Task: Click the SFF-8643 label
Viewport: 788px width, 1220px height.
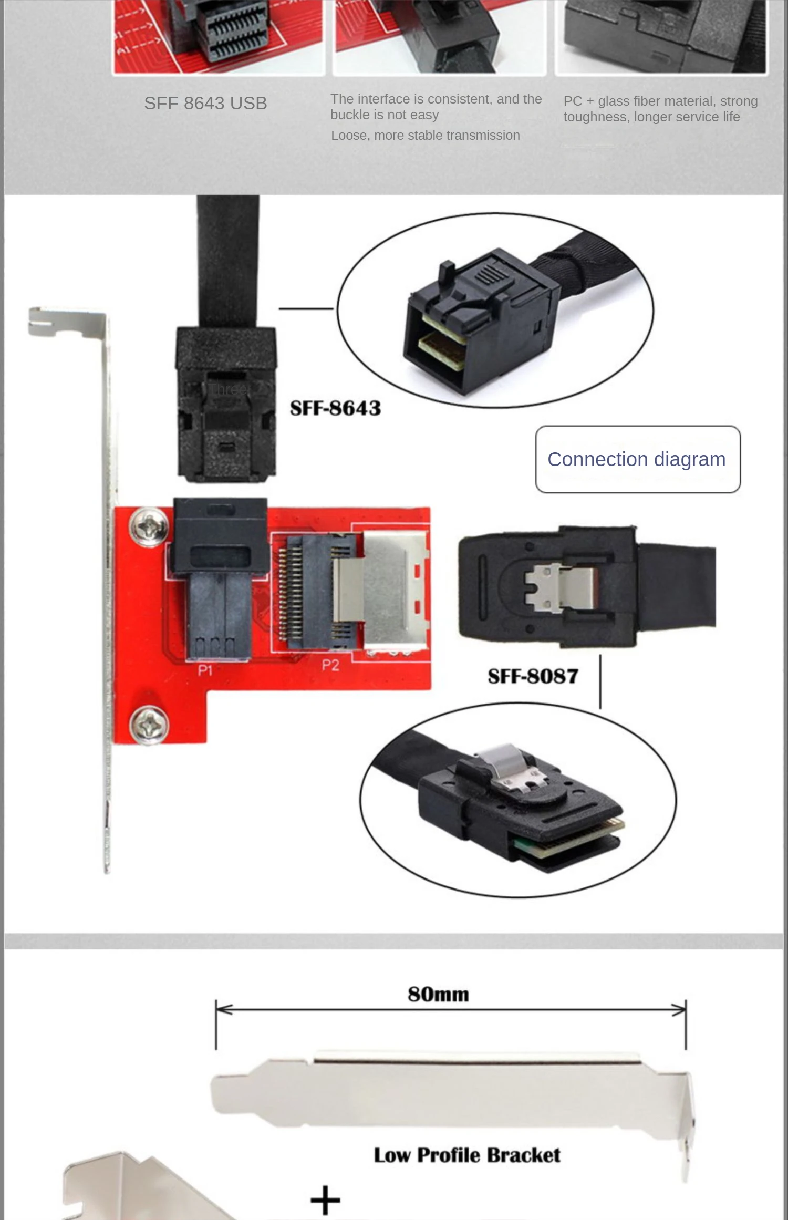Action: [335, 408]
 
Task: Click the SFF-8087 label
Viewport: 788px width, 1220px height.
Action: [533, 676]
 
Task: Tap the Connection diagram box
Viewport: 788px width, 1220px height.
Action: [638, 459]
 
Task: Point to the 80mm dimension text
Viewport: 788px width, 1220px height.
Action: [438, 994]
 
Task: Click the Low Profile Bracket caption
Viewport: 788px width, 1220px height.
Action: [467, 1155]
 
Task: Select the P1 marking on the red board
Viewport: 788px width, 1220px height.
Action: [205, 670]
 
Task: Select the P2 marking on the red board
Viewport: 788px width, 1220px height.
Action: [330, 665]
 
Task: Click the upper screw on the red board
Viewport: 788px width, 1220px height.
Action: [149, 526]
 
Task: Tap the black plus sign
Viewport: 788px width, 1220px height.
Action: [325, 1200]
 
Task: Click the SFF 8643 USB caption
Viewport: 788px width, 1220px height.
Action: [205, 103]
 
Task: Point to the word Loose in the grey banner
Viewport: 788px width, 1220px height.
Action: [349, 136]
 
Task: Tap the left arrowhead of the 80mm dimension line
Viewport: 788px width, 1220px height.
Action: [224, 1009]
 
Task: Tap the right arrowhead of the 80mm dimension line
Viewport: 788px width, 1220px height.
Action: [678, 1009]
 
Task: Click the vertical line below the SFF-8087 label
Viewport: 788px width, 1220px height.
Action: [600, 681]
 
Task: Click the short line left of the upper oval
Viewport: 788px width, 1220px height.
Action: [306, 308]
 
